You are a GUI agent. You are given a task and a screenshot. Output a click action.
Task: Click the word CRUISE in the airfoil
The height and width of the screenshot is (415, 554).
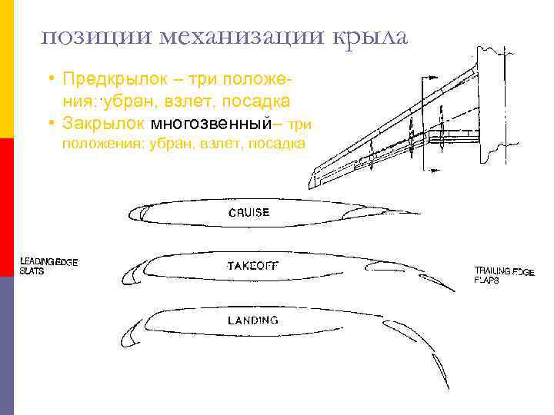tap(249, 212)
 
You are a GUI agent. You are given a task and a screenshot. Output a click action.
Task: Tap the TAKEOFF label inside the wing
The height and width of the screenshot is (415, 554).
tap(253, 266)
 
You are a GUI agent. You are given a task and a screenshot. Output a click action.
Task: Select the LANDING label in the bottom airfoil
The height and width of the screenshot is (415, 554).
tap(252, 320)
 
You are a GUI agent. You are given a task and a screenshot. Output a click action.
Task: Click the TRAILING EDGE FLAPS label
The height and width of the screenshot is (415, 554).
tap(504, 275)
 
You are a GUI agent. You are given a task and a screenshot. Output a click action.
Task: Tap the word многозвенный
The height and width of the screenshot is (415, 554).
tap(212, 124)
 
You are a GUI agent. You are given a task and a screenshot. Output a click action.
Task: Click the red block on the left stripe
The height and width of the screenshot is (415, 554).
tap(7, 207)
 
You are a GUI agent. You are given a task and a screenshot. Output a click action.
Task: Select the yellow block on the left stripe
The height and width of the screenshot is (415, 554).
tap(7, 69)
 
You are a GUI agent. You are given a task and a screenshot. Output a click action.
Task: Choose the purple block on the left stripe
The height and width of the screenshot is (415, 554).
tap(7, 346)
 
